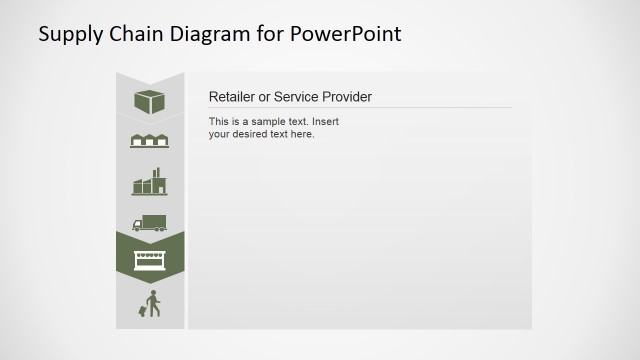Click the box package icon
pos(149,101)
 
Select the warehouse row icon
pos(149,141)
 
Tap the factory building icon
pos(149,182)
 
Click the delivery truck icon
pos(149,223)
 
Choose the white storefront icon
pos(149,261)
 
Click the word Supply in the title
pos(67,34)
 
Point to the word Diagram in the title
pos(208,34)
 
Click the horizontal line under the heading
pos(360,107)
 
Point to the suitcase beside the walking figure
pos(143,311)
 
